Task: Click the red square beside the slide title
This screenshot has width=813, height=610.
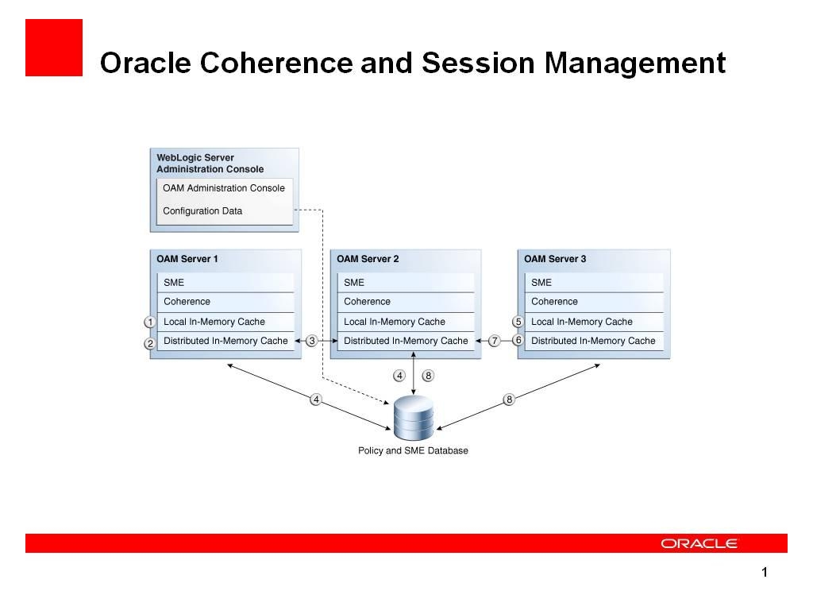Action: [x=54, y=48]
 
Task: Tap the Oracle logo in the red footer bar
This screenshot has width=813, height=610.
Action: [x=699, y=543]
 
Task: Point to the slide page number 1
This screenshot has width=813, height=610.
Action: [x=764, y=573]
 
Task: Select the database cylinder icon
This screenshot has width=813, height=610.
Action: [x=414, y=418]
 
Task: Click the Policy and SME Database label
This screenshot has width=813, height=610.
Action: [x=413, y=450]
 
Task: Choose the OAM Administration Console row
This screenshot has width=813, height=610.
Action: [x=224, y=188]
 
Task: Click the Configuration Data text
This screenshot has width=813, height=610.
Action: [x=202, y=211]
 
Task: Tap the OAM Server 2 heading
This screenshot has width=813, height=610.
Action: [x=368, y=259]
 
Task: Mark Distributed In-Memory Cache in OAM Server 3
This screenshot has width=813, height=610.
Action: [x=593, y=341]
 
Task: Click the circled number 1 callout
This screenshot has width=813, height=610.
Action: [x=149, y=322]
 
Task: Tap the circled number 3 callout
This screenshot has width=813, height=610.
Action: [x=312, y=341]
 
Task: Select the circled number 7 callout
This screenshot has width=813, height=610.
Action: [x=494, y=341]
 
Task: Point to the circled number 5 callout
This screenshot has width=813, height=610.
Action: [x=518, y=322]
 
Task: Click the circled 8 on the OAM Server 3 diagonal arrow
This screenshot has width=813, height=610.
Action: [x=509, y=400]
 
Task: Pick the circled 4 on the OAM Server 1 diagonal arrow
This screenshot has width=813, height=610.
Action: [x=316, y=400]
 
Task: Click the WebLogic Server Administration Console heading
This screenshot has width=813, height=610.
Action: [x=210, y=164]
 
